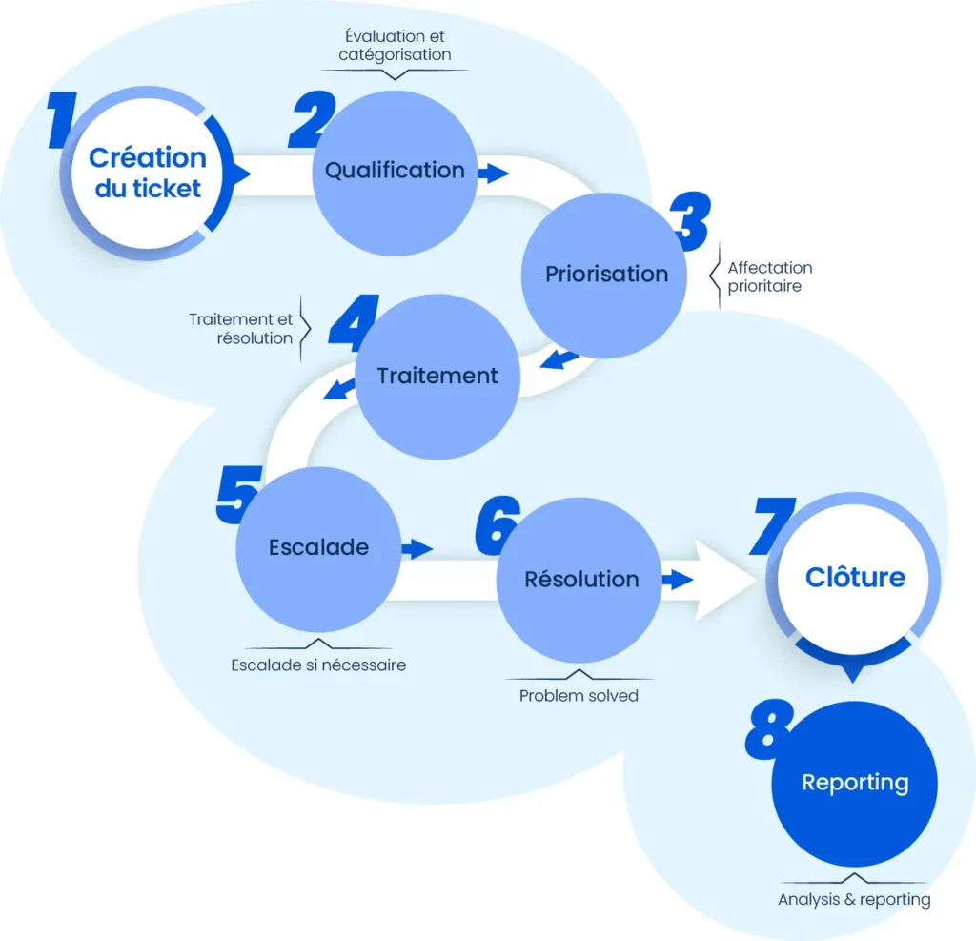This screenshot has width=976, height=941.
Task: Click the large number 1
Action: [65, 120]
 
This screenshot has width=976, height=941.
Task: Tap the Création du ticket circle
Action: [147, 173]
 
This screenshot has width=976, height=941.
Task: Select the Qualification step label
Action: [395, 171]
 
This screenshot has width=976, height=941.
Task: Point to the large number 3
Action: [689, 222]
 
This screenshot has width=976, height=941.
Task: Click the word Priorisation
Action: [606, 275]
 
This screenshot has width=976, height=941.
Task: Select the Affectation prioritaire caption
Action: [769, 276]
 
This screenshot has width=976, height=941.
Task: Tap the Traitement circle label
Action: [437, 376]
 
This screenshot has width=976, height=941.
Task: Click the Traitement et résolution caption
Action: [240, 328]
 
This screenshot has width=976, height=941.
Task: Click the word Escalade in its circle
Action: [318, 547]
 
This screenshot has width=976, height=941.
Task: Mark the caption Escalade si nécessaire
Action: [318, 665]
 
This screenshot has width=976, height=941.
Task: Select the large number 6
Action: [497, 526]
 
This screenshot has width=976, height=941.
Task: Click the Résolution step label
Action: [581, 579]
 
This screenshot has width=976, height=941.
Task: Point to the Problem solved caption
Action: [579, 695]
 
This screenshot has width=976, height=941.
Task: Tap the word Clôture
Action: [855, 577]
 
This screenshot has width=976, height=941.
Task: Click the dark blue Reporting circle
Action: [855, 783]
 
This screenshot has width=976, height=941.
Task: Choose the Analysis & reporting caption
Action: [854, 898]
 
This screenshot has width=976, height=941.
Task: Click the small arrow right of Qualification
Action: [494, 174]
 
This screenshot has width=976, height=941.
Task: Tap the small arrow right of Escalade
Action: [417, 548]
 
